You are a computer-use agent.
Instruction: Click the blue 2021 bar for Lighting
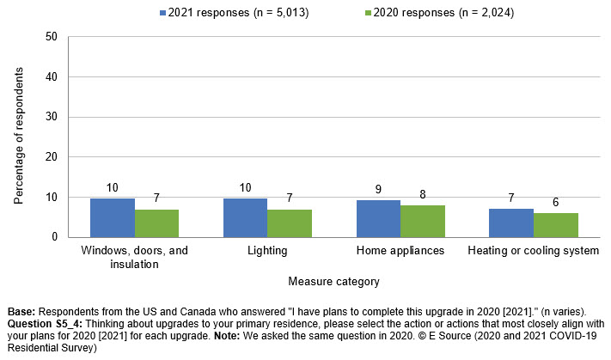(245, 217)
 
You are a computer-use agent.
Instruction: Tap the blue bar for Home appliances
(378, 219)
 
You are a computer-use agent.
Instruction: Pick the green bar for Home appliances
(423, 221)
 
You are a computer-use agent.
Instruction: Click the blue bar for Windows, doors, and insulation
(113, 217)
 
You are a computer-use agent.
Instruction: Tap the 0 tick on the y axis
(53, 237)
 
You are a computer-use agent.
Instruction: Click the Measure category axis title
(333, 281)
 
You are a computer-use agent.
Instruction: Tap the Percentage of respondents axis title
(18, 137)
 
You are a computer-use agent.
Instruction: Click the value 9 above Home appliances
(378, 190)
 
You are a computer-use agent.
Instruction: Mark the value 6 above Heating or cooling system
(556, 202)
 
